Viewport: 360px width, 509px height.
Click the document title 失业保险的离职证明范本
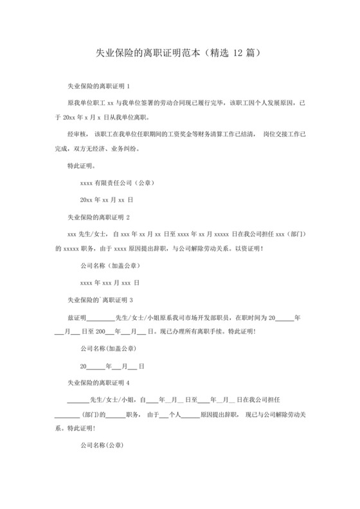click(x=148, y=51)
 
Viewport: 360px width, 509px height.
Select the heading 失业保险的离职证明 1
click(x=99, y=85)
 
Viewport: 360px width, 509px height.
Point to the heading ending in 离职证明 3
click(x=100, y=299)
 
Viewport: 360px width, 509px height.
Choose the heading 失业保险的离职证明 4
click(x=99, y=382)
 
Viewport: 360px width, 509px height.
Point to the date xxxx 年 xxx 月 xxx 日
click(x=110, y=283)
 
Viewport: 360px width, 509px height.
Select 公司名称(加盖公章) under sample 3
click(x=108, y=349)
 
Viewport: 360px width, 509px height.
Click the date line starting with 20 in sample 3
click(x=112, y=366)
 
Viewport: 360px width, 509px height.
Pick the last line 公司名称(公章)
click(x=102, y=445)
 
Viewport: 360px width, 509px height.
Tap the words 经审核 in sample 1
click(x=78, y=134)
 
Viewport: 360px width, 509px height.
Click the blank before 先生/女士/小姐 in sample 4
click(x=78, y=399)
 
